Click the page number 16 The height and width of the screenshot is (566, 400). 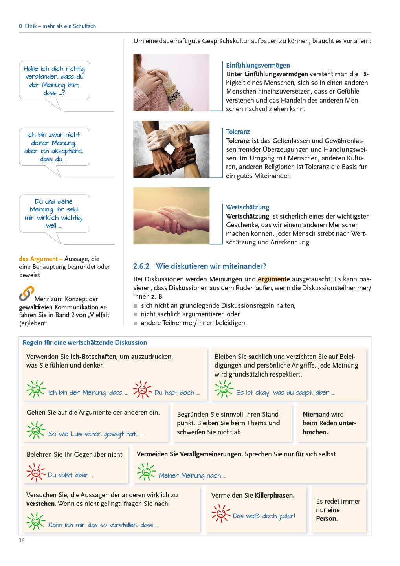point(22,540)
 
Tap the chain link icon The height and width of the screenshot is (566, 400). point(26,294)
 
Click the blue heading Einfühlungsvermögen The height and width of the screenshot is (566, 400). point(258,65)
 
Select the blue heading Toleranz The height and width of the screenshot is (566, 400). point(238,132)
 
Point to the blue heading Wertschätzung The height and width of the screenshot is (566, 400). point(248,207)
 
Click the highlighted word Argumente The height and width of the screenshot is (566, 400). point(273,279)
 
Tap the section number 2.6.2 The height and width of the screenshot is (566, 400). point(141,266)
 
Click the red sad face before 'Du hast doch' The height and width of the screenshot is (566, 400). point(142,390)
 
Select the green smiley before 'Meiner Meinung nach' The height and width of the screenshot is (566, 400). point(146,472)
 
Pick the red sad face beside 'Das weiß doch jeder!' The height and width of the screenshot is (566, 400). point(220,513)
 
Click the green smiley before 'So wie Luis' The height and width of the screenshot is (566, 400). point(36,431)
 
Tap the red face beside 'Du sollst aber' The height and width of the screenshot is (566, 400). point(36,472)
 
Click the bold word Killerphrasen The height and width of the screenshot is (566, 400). point(275,495)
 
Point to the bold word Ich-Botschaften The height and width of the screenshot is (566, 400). point(94,357)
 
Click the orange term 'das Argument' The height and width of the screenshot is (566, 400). point(39,259)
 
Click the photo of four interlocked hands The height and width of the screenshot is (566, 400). point(171,149)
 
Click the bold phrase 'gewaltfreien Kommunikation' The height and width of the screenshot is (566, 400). point(59,307)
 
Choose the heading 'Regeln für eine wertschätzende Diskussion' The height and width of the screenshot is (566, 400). point(85,342)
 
